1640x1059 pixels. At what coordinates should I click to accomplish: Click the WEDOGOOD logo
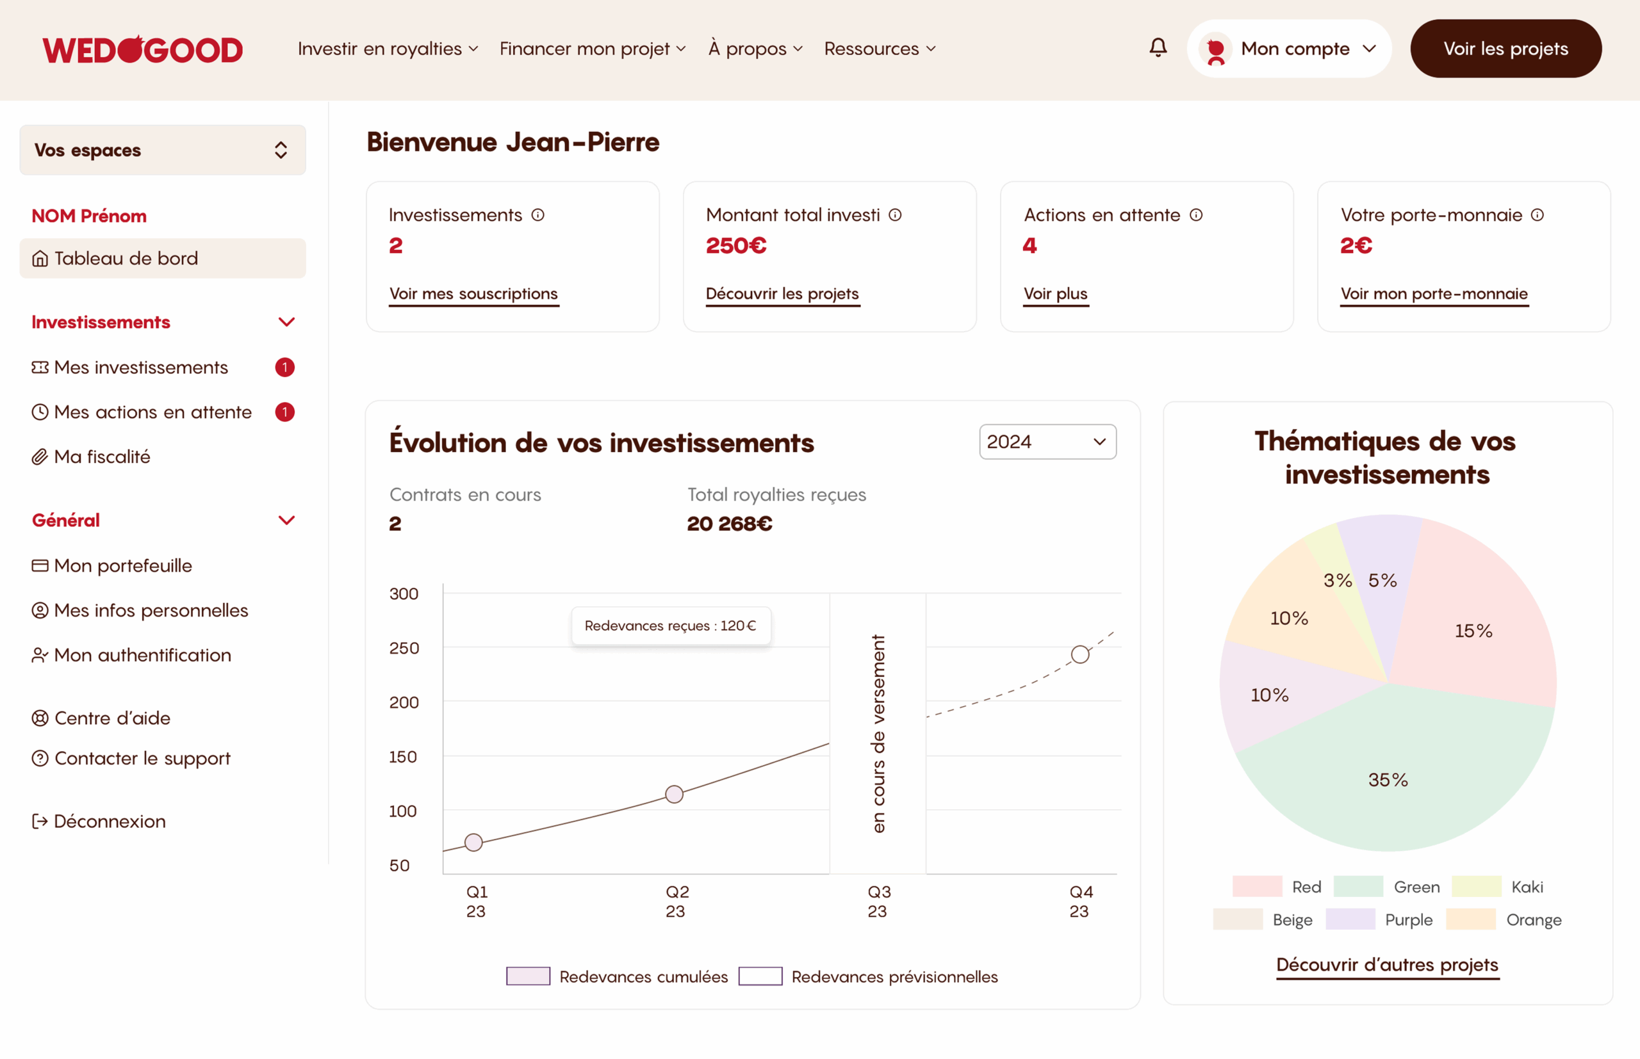(142, 49)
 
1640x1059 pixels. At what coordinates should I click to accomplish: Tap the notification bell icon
(1158, 47)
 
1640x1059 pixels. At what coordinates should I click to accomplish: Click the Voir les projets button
(1505, 49)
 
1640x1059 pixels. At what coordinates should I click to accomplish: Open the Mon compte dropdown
(1288, 49)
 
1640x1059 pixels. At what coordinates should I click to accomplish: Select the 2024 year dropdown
(1047, 442)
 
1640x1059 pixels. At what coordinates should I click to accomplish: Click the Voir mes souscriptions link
(473, 294)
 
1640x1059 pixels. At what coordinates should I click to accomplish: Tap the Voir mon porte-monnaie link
(1434, 294)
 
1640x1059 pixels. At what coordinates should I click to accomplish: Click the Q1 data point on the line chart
(473, 843)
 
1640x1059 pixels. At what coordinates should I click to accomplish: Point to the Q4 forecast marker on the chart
(1080, 654)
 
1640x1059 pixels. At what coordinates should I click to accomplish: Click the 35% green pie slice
(1388, 780)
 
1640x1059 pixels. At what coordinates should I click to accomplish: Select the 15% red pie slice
(1473, 631)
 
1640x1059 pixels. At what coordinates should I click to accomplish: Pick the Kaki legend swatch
(1476, 886)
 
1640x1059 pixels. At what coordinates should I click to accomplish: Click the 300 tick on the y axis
(404, 594)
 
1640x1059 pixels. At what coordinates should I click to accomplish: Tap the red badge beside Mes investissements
(285, 368)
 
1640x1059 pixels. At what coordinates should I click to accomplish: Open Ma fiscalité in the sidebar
(102, 457)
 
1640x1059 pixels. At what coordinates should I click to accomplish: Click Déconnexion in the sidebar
(110, 821)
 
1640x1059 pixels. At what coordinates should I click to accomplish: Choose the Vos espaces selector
(162, 150)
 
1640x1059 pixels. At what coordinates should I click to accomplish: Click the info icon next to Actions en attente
(1196, 214)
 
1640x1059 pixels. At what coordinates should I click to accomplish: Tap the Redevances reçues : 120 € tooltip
(671, 626)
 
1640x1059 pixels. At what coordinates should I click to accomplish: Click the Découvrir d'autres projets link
(1387, 964)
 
